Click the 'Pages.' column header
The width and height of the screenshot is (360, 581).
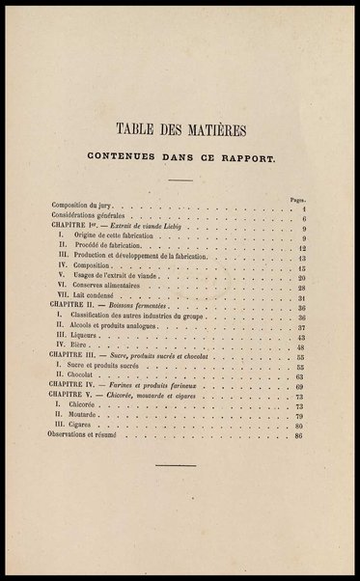point(298,199)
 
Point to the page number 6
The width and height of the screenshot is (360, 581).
point(302,219)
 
